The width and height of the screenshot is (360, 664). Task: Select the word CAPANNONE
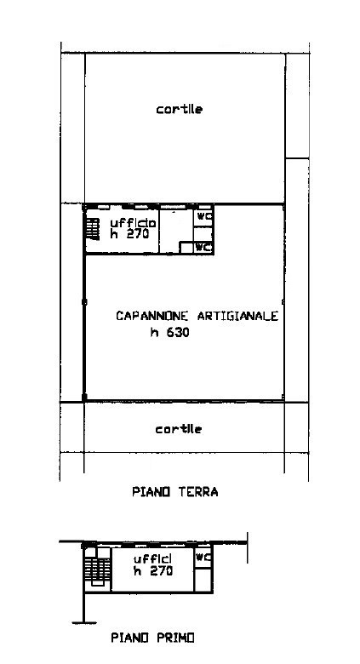click(x=154, y=316)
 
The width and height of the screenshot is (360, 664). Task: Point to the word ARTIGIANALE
click(x=238, y=316)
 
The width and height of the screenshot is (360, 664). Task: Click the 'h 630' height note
click(x=169, y=333)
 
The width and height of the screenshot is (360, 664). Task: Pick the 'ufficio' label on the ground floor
click(x=133, y=223)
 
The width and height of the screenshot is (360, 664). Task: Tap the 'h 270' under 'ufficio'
click(x=129, y=234)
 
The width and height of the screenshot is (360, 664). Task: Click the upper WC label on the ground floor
click(x=204, y=216)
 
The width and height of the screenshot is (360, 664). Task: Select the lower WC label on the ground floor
click(x=203, y=248)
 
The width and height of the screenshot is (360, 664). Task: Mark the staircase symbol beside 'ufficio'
click(x=93, y=229)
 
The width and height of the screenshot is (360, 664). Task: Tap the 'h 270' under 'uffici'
click(x=153, y=571)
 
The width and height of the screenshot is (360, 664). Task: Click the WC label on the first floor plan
click(x=203, y=558)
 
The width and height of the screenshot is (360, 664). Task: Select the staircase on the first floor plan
click(x=97, y=570)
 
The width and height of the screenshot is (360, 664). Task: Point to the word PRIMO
click(x=176, y=638)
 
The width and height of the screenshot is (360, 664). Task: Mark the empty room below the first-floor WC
click(x=203, y=577)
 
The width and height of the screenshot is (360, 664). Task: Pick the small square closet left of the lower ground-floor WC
click(x=186, y=248)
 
